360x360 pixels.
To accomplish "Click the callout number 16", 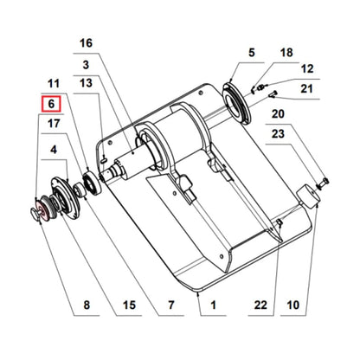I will [85, 43].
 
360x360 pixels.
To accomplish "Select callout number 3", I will [85, 64].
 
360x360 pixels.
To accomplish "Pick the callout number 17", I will [53, 125].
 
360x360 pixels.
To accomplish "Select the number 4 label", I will [55, 148].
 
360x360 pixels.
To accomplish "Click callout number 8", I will [85, 305].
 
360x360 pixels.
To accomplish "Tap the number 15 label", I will [129, 305].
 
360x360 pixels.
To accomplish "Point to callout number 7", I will [170, 305].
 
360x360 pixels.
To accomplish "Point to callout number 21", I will [307, 89].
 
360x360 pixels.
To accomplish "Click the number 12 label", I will [307, 68].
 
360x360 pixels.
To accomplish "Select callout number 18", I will [286, 54].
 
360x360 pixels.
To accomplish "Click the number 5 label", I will [252, 54].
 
